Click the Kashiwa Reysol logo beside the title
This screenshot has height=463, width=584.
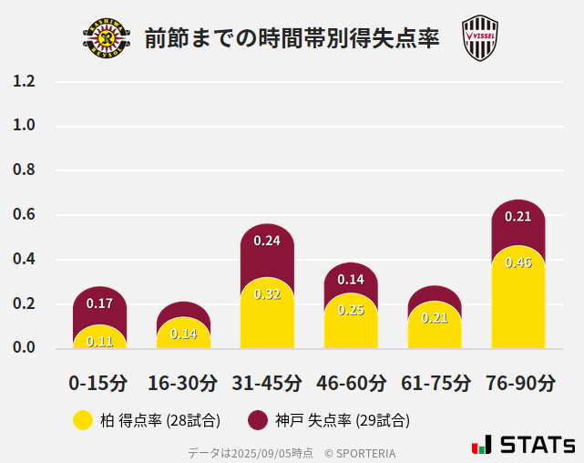107,38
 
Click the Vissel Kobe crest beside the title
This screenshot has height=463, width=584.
479,38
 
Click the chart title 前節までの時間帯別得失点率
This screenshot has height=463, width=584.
292,38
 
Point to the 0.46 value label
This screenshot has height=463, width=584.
518,262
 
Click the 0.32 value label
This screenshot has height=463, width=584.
267,293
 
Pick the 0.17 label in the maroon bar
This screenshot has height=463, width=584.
99,303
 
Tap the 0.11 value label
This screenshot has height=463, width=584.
99,341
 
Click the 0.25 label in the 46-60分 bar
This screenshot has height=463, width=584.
351,310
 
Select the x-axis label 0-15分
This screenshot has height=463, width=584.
98,382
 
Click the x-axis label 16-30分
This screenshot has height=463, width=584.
183,382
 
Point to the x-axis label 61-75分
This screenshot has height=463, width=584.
435,382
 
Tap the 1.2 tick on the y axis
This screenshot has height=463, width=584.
25,81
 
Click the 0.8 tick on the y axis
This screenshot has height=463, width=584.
25,170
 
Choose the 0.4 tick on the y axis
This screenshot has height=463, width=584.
25,260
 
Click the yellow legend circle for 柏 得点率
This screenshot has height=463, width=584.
83,420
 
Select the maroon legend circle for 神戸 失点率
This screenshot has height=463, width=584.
258,420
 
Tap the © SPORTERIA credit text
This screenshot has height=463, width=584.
360,452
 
